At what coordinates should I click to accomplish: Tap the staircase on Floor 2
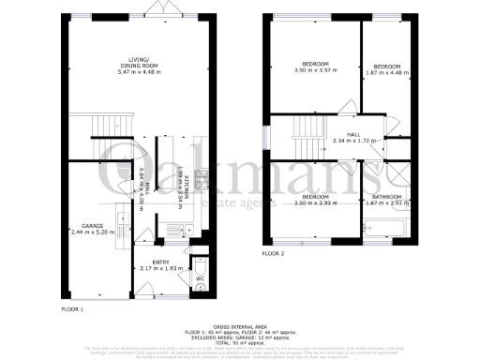[305, 131]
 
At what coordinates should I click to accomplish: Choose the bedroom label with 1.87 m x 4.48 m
[387, 67]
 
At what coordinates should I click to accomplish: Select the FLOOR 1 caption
[72, 308]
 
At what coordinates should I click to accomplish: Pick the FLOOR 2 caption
[273, 254]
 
